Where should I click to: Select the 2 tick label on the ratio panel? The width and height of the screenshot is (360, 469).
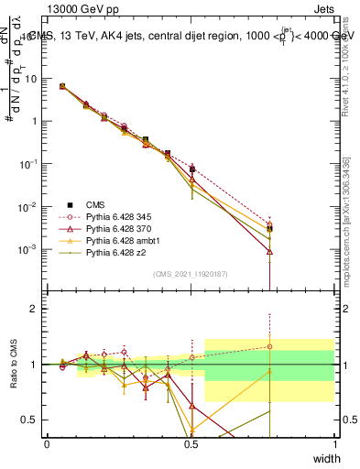click(34, 309)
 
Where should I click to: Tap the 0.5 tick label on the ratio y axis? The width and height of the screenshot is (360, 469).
click(30, 420)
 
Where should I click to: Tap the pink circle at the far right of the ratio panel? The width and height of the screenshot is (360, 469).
click(269, 346)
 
